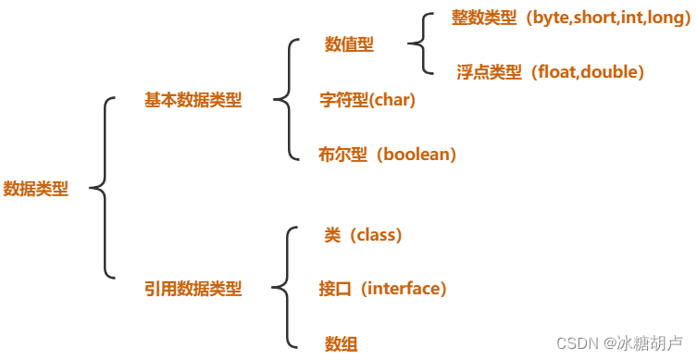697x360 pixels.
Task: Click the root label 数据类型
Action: [36, 188]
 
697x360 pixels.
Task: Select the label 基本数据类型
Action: [193, 100]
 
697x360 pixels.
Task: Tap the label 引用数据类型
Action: [193, 289]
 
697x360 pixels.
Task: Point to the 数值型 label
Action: [349, 44]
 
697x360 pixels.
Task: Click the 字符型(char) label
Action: [367, 100]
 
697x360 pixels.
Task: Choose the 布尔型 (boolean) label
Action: [388, 155]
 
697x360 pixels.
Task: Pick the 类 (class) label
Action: [363, 235]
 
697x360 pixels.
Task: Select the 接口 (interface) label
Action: [382, 289]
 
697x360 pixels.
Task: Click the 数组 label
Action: [341, 343]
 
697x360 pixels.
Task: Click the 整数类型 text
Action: [484, 19]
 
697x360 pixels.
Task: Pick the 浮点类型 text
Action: [489, 71]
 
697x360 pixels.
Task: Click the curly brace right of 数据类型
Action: [104, 188]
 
